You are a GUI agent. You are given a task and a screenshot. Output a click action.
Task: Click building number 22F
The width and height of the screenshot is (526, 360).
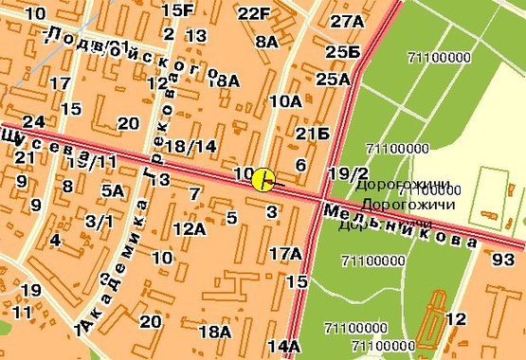point(254,13)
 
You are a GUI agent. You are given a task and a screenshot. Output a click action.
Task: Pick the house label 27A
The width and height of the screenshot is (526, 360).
point(348,22)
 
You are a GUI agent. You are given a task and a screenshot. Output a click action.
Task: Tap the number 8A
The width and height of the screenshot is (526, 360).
point(267,42)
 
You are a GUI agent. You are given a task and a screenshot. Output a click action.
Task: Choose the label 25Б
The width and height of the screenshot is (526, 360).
point(342,51)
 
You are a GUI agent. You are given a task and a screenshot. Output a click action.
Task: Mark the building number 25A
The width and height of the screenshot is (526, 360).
point(333,79)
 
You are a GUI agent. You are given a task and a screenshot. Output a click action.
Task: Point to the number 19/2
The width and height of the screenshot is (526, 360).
point(348,173)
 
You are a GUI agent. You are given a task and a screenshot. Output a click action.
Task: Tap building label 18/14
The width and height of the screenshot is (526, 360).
point(190,146)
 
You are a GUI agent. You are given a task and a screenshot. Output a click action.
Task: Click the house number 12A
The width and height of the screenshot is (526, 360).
point(190,227)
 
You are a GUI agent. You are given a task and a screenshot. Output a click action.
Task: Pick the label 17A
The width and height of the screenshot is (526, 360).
point(285,253)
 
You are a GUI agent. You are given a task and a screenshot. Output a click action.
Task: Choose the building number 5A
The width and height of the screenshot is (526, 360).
point(113,190)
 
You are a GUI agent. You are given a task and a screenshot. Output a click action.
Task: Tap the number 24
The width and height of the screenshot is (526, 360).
point(34,121)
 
